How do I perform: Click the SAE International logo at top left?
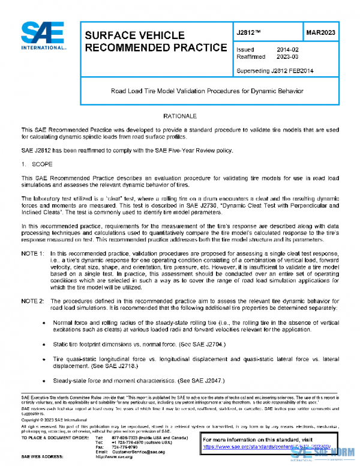click(43, 36)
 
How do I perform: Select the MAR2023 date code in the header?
click(320, 32)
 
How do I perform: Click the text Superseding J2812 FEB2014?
click(274, 70)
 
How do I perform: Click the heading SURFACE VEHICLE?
click(128, 35)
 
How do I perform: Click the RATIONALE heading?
click(180, 114)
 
